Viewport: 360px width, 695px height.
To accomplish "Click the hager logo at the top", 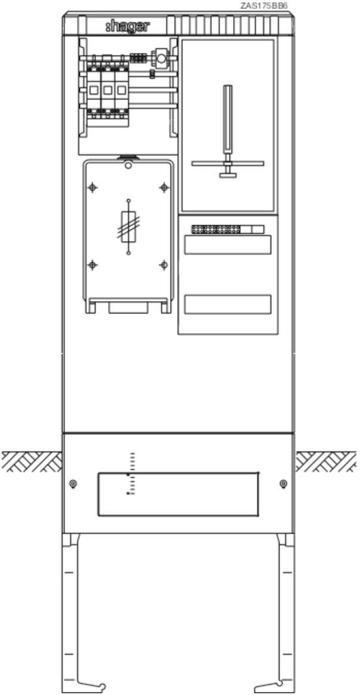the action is (128, 27).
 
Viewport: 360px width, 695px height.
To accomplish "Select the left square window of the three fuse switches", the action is (94, 90).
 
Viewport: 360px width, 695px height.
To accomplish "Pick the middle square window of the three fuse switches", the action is (107, 90).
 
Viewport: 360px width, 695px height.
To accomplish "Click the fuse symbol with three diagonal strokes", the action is (129, 227).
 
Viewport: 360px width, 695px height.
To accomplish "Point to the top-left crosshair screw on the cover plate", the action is (92, 188).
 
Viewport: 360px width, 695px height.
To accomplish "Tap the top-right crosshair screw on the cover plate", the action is (164, 188).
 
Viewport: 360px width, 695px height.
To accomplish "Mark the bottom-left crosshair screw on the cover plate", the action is (92, 265).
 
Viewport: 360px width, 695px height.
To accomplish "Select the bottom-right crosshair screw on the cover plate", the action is (164, 265).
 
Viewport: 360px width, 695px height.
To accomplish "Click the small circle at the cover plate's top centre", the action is (128, 166).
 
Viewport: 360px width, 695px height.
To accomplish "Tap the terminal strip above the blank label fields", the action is (228, 229).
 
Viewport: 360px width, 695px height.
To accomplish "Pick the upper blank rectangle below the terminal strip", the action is (228, 244).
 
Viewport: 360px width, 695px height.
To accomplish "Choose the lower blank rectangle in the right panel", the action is (228, 305).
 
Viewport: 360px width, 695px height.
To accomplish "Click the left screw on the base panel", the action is (73, 483).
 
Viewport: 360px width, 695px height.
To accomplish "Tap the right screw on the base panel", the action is (283, 483).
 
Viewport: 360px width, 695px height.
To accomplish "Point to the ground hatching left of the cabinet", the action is (32, 461).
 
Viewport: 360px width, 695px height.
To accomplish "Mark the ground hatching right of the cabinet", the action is (326, 461).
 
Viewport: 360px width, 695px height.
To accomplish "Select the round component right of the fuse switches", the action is (160, 56).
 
